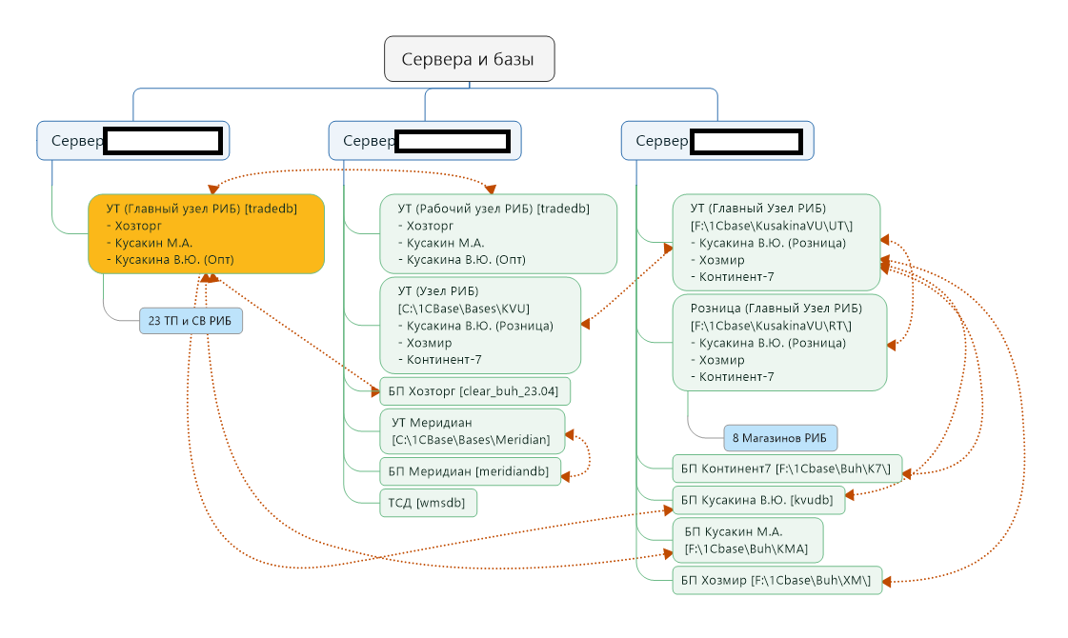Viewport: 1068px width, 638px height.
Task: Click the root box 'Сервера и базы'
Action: pyautogui.click(x=469, y=59)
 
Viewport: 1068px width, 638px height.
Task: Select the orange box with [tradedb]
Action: pyautogui.click(x=207, y=234)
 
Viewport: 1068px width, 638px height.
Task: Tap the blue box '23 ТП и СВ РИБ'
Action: pyautogui.click(x=191, y=322)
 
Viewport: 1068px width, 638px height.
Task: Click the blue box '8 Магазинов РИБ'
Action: pyautogui.click(x=780, y=438)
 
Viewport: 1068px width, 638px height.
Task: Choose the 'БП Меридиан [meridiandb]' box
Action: pyautogui.click(x=470, y=470)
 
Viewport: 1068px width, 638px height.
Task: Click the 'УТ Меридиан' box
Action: pyautogui.click(x=472, y=431)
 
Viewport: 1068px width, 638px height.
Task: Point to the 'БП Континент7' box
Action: pyautogui.click(x=786, y=468)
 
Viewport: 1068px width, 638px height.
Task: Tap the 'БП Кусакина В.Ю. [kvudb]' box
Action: pyautogui.click(x=758, y=500)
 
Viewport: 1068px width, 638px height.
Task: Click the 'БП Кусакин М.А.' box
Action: pyautogui.click(x=747, y=540)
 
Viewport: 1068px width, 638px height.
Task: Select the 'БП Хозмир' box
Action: pyautogui.click(x=777, y=580)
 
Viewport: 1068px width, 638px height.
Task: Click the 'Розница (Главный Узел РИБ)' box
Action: pyautogui.click(x=779, y=342)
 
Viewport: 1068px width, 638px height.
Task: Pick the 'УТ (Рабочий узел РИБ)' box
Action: pyautogui.click(x=498, y=234)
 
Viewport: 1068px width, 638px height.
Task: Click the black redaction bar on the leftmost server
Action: pyautogui.click(x=163, y=141)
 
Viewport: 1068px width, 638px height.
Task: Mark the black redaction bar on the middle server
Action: pyautogui.click(x=453, y=141)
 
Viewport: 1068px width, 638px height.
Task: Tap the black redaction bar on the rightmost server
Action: pyautogui.click(x=745, y=142)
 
